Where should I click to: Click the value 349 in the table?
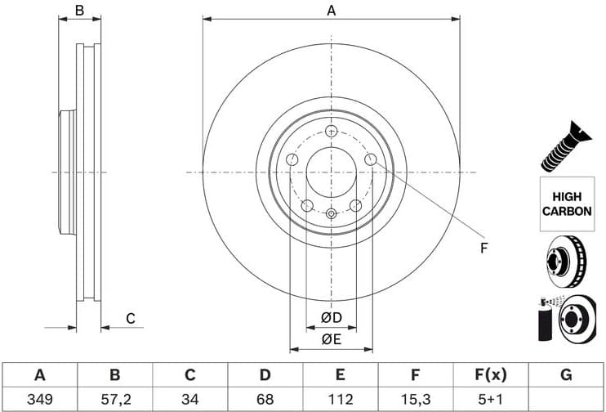39,400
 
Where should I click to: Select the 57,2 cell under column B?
115,400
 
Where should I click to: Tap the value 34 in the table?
189,400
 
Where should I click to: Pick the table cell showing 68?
265,400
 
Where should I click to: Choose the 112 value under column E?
341,400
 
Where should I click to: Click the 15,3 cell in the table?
416,400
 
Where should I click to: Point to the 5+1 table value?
491,400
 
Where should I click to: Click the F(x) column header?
491,375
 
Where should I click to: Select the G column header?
566,375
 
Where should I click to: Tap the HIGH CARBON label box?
566,203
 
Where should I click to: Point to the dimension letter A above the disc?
332,11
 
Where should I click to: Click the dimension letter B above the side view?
79,11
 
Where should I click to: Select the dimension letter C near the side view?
129,319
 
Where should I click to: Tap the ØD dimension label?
331,317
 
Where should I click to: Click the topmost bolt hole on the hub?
331,131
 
